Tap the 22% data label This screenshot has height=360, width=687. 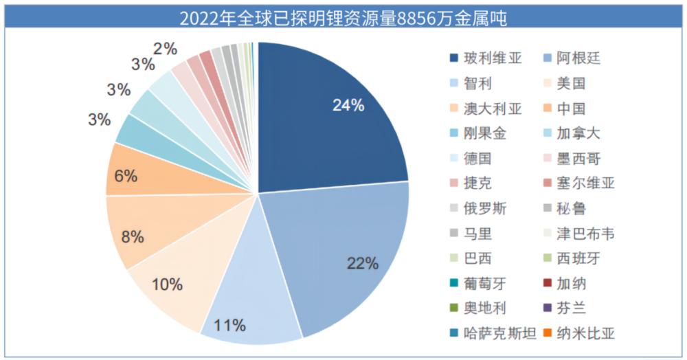click(363, 262)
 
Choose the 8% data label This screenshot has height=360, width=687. click(133, 237)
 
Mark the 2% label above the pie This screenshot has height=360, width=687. click(165, 49)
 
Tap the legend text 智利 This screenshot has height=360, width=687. click(477, 84)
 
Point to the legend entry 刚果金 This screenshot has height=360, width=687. click(484, 134)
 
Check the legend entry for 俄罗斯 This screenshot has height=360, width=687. click(484, 209)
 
